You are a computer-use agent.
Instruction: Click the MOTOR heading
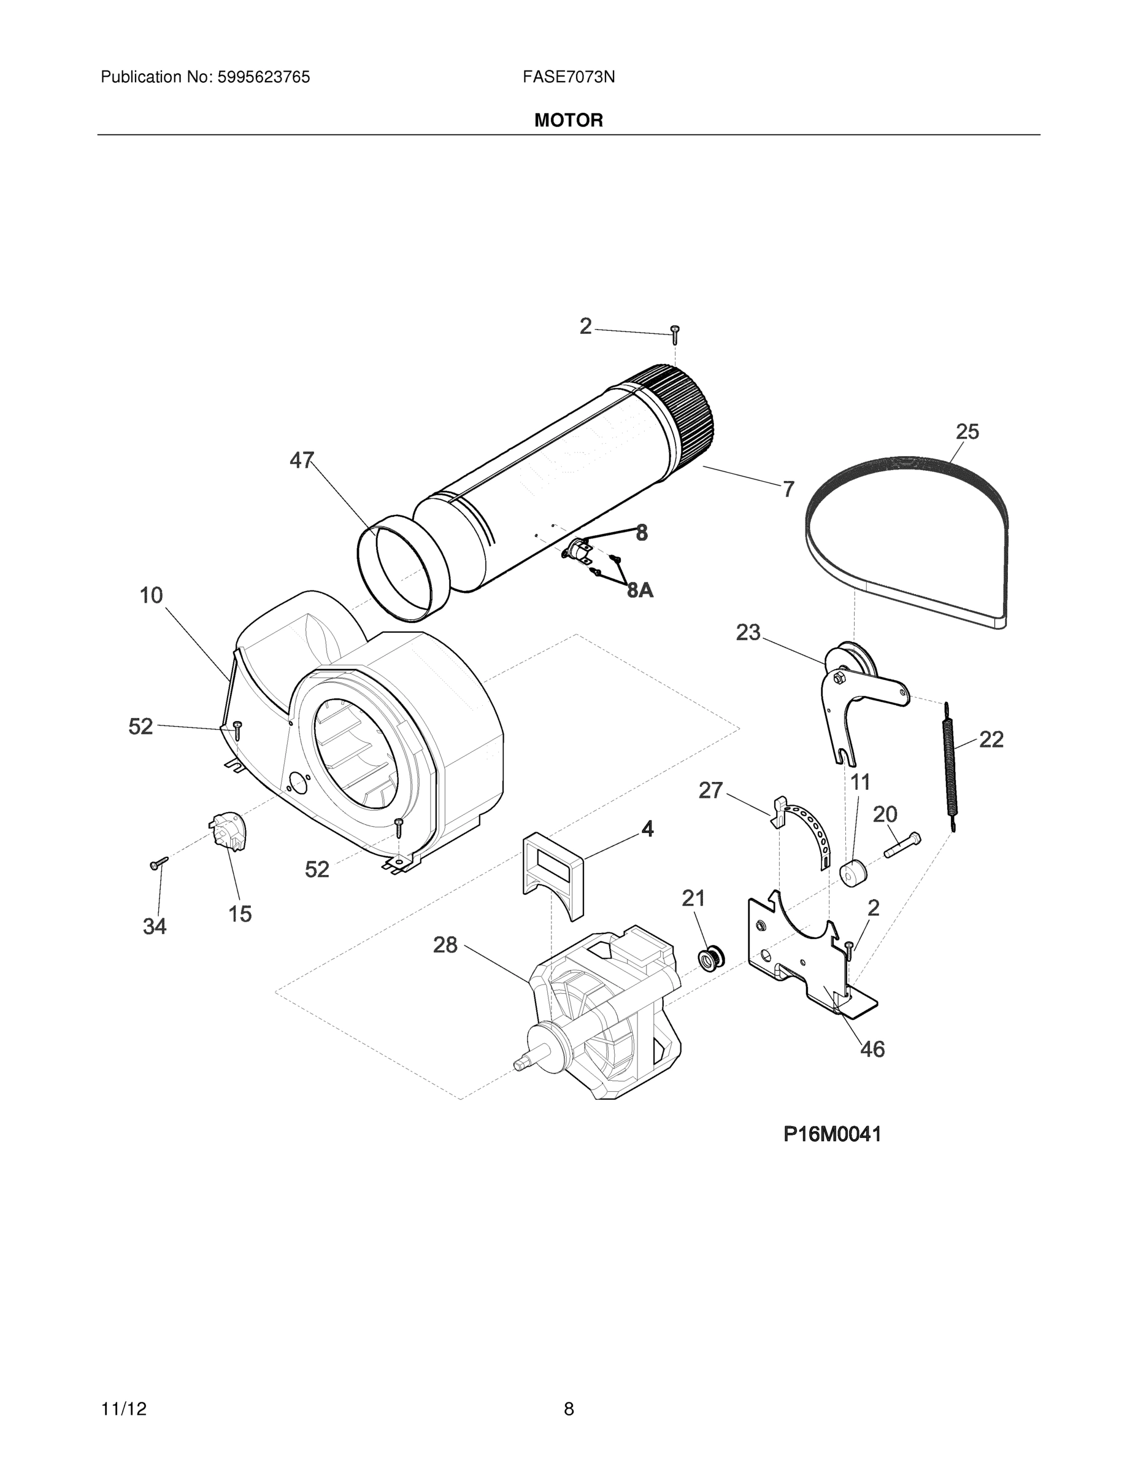(x=568, y=121)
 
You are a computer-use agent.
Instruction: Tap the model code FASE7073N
(x=568, y=77)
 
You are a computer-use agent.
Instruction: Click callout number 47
(x=301, y=461)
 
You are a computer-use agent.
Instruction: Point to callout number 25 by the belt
(x=967, y=431)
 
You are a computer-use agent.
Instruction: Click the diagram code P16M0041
(x=832, y=1134)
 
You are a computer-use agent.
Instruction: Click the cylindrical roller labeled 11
(x=853, y=873)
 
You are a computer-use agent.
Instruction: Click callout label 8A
(x=640, y=591)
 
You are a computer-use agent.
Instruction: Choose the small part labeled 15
(x=226, y=832)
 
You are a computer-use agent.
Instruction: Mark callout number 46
(x=872, y=1049)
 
